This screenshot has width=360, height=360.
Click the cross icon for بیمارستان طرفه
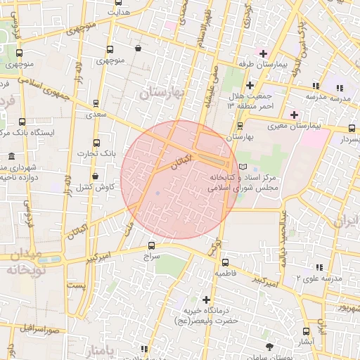tap(264, 53)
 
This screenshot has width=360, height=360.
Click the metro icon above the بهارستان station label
tap(240, 126)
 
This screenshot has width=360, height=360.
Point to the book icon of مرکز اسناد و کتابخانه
tap(243, 165)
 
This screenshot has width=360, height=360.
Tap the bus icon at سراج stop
tap(152, 245)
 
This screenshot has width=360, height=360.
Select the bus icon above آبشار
tap(305, 330)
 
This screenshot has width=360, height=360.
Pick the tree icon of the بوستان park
tap(270, 347)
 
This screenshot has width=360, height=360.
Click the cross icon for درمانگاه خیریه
tap(206, 300)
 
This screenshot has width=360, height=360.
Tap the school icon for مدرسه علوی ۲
tap(320, 267)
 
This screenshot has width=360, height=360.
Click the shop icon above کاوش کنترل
tap(95, 176)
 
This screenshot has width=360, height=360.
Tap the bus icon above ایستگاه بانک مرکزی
tap(22, 122)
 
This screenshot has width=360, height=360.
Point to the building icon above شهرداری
tap(11, 156)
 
